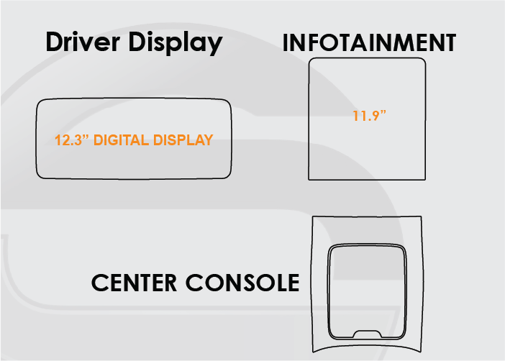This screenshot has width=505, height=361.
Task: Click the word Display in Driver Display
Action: click(x=176, y=43)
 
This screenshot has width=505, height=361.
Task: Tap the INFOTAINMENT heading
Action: click(x=369, y=43)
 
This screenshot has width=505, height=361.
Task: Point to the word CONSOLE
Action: click(x=242, y=283)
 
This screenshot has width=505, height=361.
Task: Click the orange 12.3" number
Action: click(x=69, y=140)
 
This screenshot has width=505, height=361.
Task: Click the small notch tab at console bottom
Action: click(x=368, y=333)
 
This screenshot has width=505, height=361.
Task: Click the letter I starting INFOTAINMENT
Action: click(x=286, y=43)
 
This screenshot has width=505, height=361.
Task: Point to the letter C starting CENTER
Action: click(x=101, y=283)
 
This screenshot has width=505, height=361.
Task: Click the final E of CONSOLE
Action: click(x=291, y=283)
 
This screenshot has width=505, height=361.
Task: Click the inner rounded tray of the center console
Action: click(x=368, y=288)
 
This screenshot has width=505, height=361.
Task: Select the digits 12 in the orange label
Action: click(x=62, y=140)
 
